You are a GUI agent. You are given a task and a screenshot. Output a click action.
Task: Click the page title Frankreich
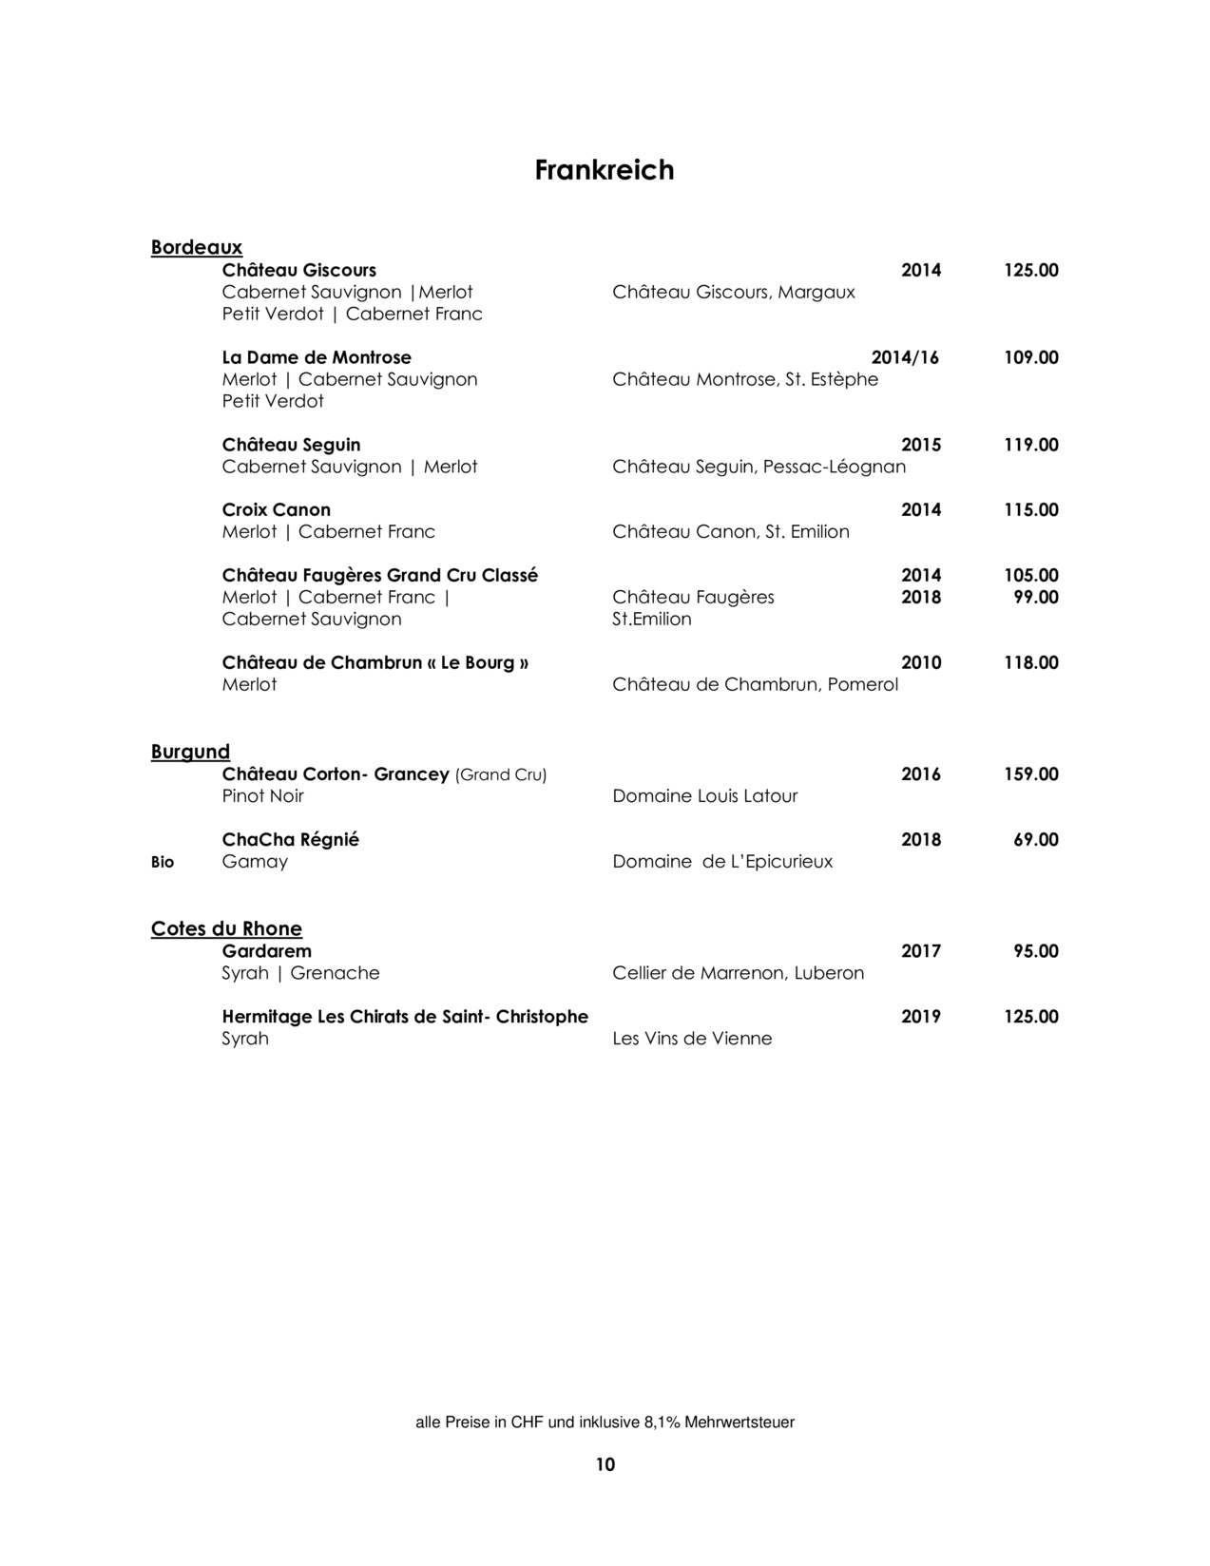[605, 170]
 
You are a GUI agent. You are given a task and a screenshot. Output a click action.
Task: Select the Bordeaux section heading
[197, 247]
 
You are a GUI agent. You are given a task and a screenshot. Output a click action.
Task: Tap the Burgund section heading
[190, 752]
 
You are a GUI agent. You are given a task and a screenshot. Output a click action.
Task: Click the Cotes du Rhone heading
[226, 928]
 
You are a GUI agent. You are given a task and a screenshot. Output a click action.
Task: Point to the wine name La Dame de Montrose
[317, 357]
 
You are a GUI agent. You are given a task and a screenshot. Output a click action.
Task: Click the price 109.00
[1031, 357]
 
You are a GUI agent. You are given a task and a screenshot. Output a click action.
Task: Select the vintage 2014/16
[905, 357]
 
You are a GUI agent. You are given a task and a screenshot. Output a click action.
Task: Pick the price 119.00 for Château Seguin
[1031, 445]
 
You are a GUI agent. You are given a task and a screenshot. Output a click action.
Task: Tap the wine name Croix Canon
[277, 510]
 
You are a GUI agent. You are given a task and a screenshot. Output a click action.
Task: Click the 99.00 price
[1036, 597]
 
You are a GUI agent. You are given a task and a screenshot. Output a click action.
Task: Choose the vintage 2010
[921, 662]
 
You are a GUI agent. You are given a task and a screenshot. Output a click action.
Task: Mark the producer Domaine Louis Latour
[705, 796]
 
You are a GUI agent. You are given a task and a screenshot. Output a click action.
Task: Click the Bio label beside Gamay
[163, 862]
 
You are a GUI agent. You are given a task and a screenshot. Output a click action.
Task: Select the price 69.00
[1036, 840]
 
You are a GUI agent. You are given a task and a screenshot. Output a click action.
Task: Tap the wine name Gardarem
[267, 951]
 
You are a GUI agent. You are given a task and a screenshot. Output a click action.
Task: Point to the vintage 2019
[921, 1017]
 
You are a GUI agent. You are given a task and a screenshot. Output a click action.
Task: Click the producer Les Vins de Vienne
[692, 1039]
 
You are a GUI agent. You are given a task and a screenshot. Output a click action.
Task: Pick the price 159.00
[1031, 774]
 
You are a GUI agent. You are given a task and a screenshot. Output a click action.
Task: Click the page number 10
[605, 1464]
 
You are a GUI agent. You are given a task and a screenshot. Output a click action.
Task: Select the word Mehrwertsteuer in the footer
[739, 1423]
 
